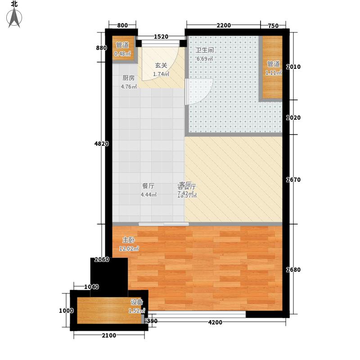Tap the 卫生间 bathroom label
point(204,50)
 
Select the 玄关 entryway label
point(161,65)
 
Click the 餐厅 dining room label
point(148,186)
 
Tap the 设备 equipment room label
point(137,302)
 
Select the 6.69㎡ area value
point(204,58)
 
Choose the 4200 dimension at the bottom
point(215,322)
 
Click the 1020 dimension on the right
point(295,118)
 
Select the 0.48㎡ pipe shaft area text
point(122,54)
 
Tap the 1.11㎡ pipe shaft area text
point(273,72)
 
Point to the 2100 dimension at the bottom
point(108,335)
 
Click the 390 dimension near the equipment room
point(153,321)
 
